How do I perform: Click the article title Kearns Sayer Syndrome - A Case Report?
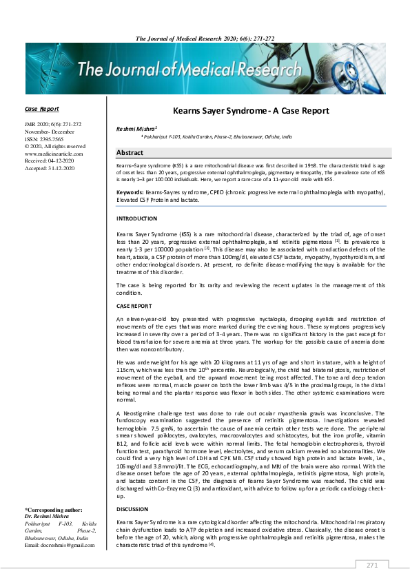pyautogui.click(x=251, y=110)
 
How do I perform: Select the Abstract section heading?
pyautogui.click(x=130, y=153)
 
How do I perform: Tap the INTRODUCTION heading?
pyautogui.click(x=137, y=218)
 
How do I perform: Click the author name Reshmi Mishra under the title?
pyautogui.click(x=137, y=128)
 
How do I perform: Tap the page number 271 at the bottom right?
pyautogui.click(x=372, y=566)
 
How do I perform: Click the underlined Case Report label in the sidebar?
pyautogui.click(x=41, y=109)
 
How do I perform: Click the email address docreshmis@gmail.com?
pyautogui.click(x=59, y=545)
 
